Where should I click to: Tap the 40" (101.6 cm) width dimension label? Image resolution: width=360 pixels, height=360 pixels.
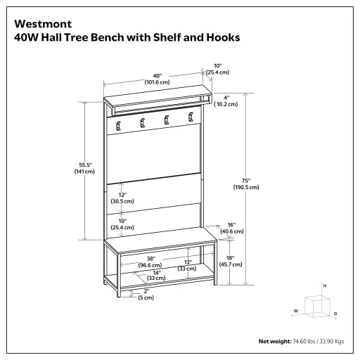pos(157,79)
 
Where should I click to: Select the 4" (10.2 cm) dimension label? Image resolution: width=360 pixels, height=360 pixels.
pos(226,100)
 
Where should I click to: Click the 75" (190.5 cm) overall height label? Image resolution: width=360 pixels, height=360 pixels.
pos(246,184)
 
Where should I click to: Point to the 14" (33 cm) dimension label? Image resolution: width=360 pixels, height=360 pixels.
pos(155,275)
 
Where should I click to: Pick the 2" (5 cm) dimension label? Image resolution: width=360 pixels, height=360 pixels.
pos(146,293)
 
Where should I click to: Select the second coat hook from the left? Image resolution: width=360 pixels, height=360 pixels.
pos(142,123)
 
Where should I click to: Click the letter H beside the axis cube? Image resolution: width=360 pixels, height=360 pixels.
pos(324,286)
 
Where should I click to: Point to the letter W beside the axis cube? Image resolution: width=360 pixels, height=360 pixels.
pos(295,310)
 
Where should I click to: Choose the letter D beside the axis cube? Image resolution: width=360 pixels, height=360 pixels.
pos(335,313)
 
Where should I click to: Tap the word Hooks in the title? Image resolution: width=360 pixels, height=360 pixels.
pos(223,36)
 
